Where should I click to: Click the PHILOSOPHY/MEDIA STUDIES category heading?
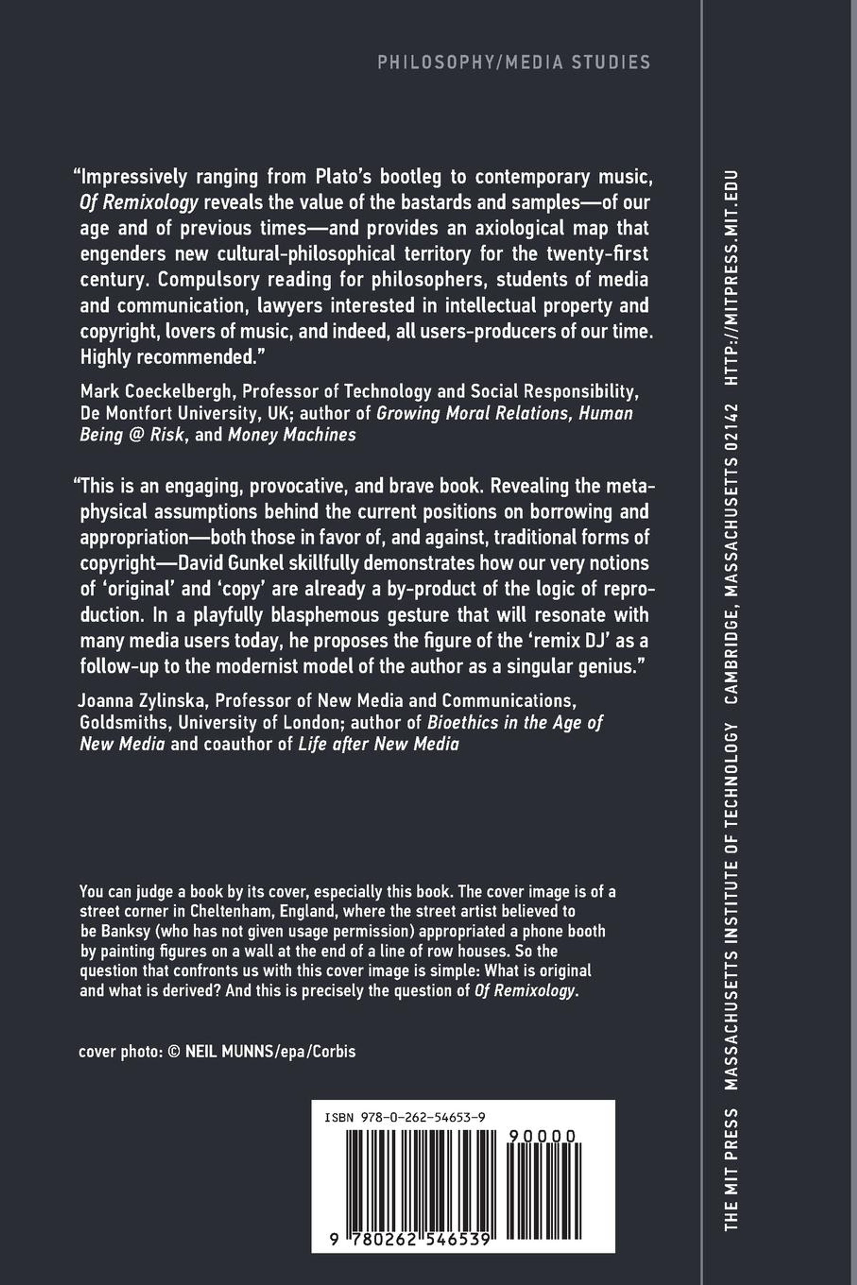click(514, 62)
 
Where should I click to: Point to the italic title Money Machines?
click(292, 435)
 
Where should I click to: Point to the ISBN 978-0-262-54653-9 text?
click(405, 1118)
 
